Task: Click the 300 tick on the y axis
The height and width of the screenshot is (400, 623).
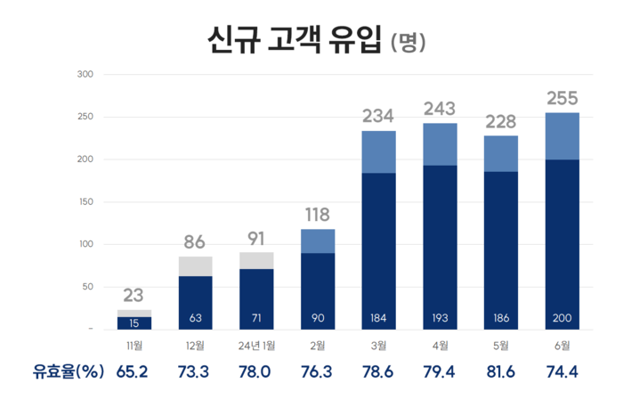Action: coord(85,74)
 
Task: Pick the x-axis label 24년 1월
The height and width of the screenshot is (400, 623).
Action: coord(255,346)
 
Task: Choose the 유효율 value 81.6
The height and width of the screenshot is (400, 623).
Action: coord(500,372)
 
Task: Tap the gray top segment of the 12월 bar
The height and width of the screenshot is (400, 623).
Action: coord(195,266)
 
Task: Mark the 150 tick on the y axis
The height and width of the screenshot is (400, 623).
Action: coord(85,202)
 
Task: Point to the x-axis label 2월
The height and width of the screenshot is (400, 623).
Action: coord(317,346)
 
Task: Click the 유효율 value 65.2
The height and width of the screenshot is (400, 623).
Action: coord(134,372)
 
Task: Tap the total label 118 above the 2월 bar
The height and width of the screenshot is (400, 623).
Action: coord(317,215)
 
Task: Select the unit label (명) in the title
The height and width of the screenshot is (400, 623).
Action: coord(409,42)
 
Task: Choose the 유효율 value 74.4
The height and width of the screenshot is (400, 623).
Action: coord(561,372)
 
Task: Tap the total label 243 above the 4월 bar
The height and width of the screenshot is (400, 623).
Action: coord(440,109)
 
